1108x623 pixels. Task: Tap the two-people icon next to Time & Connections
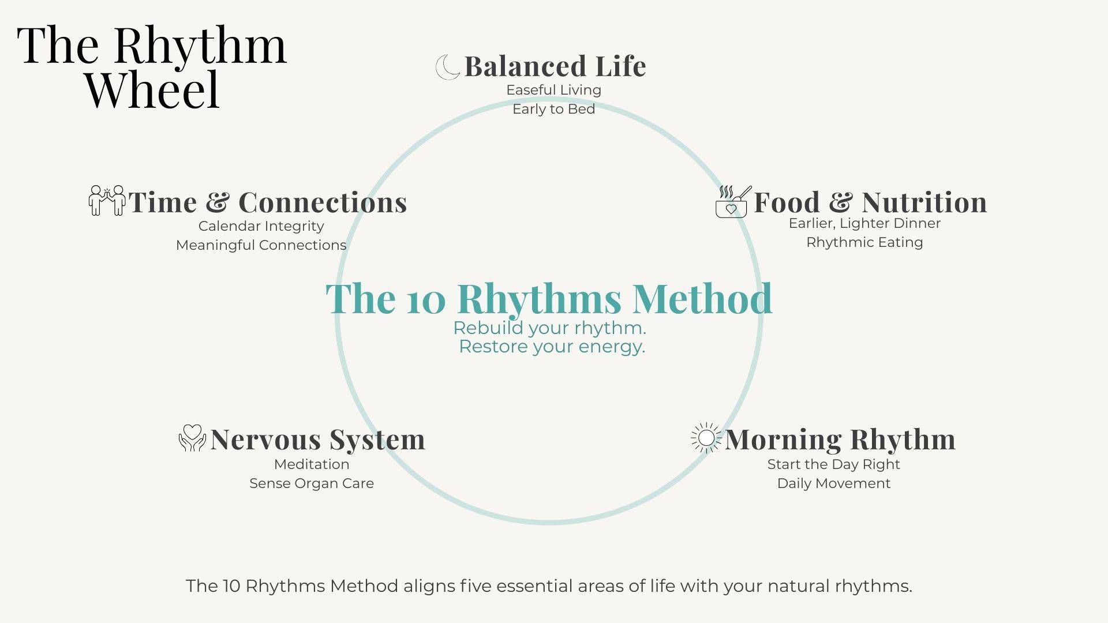pos(107,200)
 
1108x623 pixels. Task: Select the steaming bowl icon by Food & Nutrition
pos(733,201)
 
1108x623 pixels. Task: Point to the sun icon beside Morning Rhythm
pos(706,438)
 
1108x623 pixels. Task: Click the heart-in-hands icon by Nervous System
pos(192,438)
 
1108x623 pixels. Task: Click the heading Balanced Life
pos(555,66)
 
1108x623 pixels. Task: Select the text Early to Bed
pos(554,109)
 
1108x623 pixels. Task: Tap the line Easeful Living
pos(554,91)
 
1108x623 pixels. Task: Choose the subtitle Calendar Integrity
pos(261,227)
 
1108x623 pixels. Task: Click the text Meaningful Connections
pos(261,245)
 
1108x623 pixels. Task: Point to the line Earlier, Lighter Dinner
pos(864,224)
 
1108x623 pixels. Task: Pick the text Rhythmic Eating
pos(864,243)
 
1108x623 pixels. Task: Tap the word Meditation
pos(312,464)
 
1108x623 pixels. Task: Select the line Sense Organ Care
pos(312,484)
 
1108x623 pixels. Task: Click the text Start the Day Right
pos(833,465)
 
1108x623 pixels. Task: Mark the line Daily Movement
pos(833,484)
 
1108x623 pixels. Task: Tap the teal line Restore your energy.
pos(552,347)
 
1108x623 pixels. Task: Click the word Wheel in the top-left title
pos(153,90)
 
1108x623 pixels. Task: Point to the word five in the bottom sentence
pos(476,586)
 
